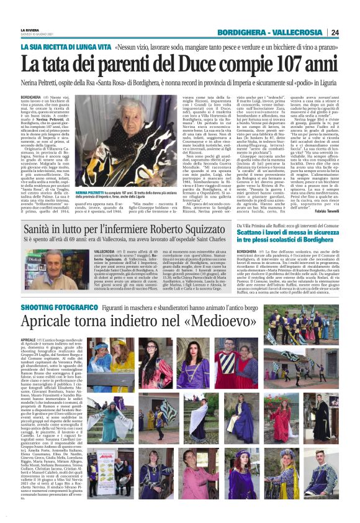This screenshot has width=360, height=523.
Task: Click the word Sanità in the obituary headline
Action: (45, 230)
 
